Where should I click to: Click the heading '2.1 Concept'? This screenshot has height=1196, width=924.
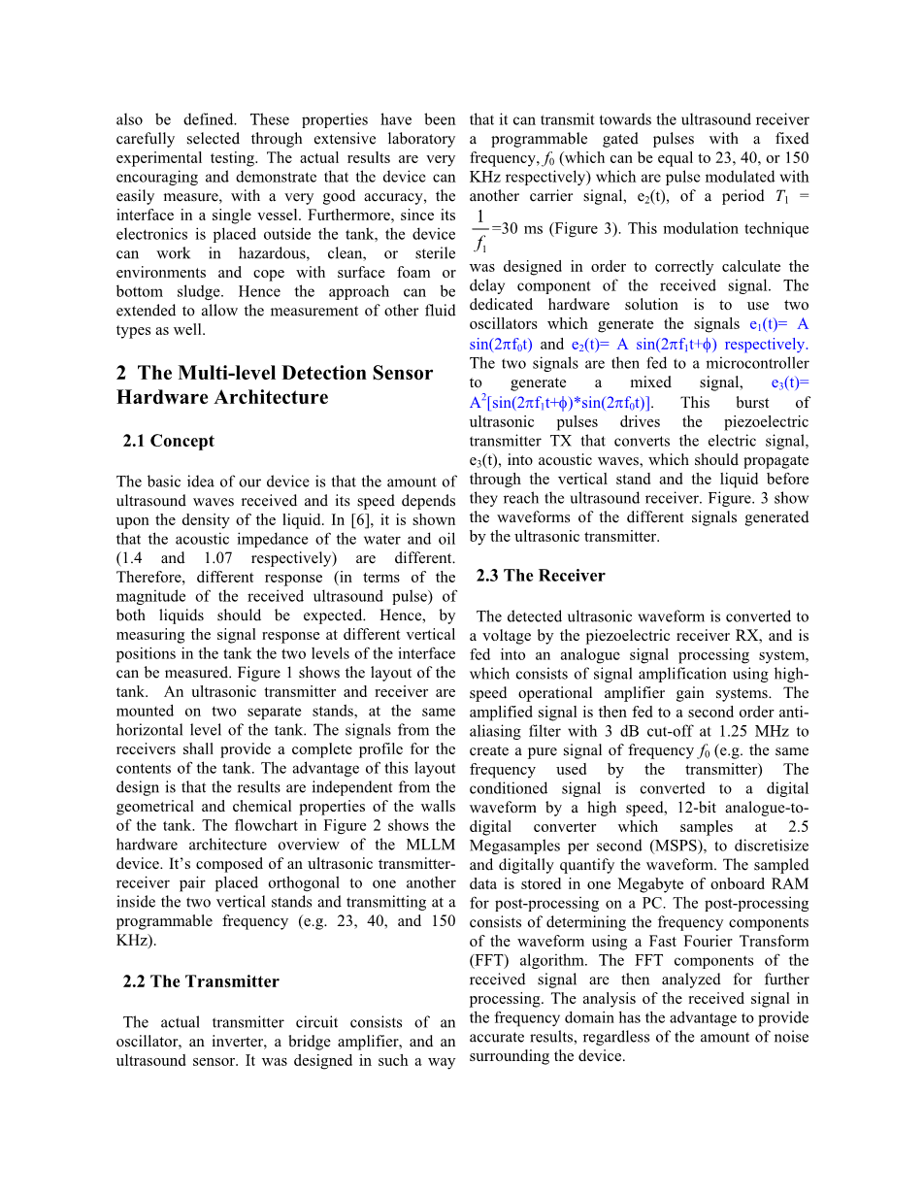tap(168, 441)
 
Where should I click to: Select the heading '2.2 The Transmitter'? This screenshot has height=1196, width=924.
tap(201, 981)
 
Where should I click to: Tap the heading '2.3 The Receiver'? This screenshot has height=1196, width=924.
tap(541, 576)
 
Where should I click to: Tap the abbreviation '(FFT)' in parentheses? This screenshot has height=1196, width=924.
tap(491, 961)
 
